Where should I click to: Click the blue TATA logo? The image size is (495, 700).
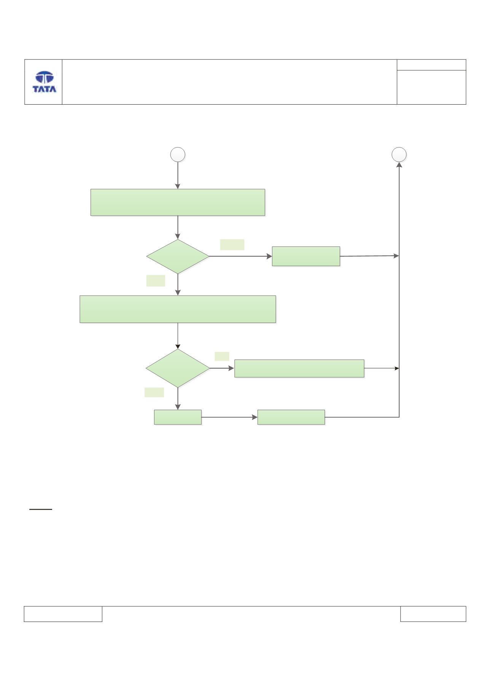coord(45,82)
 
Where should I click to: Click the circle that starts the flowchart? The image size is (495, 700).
coord(178,155)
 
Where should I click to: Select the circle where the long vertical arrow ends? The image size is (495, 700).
coord(399,154)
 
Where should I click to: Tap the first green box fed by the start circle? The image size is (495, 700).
coord(178,202)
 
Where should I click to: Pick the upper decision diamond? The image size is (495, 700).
coord(178,256)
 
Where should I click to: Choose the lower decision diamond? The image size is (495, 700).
coord(178,368)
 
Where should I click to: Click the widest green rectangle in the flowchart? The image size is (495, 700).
coord(178,309)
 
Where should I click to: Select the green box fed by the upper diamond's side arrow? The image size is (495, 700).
coord(306,256)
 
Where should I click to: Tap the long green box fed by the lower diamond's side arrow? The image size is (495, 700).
coord(299,368)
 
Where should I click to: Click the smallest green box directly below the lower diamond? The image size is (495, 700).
coord(178,417)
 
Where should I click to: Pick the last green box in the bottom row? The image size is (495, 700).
coord(291,417)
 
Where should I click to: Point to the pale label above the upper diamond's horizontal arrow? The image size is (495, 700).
coord(232,245)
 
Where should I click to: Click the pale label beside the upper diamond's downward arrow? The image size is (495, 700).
coord(156,281)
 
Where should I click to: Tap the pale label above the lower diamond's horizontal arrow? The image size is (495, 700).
coord(222,356)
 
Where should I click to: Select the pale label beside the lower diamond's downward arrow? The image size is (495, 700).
coord(154,392)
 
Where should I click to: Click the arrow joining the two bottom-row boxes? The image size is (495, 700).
coord(229,417)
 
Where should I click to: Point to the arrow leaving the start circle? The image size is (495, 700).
coord(178,175)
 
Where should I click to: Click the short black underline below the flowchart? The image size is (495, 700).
coord(41,509)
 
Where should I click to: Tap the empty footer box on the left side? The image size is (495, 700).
coord(63,614)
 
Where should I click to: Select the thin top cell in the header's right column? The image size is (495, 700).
coord(431,65)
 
